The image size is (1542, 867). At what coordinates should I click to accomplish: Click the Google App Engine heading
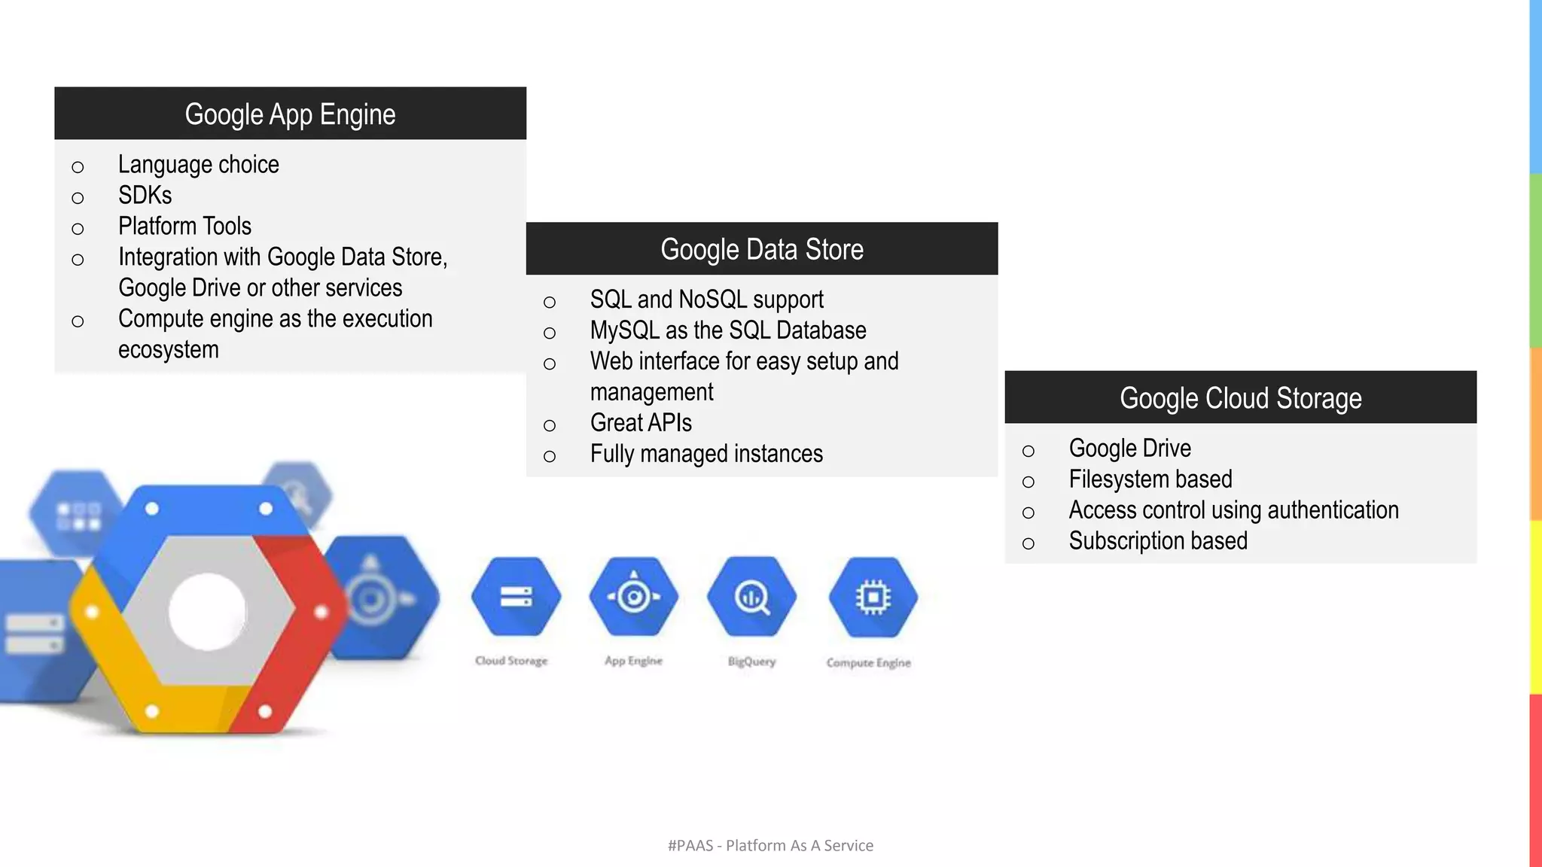(290, 114)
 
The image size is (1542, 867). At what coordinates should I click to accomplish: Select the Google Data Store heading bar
(761, 249)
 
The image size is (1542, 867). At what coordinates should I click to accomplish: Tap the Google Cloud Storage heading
(1240, 398)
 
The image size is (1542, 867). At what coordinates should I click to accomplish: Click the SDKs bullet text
(145, 196)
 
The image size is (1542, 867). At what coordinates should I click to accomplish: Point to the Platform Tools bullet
(184, 227)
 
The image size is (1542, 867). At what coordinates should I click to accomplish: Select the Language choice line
(198, 165)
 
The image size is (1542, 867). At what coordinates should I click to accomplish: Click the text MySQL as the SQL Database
(727, 330)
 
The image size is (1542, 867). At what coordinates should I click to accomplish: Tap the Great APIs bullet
(640, 423)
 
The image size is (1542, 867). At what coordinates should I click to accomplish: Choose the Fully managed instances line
(705, 454)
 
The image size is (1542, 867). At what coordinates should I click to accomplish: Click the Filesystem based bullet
(1150, 479)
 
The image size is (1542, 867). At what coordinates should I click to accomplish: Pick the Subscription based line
(1157, 541)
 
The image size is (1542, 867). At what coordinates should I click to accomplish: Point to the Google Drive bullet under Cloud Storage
(1129, 449)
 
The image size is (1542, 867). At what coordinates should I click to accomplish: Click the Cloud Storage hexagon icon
(516, 597)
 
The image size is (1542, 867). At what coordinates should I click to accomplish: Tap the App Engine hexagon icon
(634, 597)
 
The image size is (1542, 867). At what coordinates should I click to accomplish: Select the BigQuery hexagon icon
(751, 597)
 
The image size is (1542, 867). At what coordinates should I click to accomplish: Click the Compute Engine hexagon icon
(873, 597)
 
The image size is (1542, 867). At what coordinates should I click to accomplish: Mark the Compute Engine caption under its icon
(868, 663)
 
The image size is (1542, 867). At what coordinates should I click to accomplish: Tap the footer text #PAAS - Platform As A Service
(770, 846)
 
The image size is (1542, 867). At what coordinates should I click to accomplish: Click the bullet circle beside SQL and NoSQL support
(550, 303)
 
